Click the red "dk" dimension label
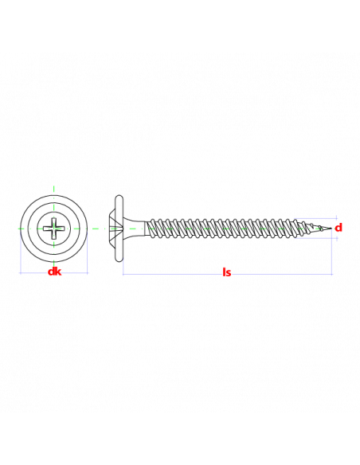point(55,272)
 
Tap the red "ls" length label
point(226,272)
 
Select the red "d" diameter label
point(338,228)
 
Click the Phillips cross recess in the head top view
point(54,229)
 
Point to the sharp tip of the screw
point(331,229)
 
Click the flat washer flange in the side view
point(119,229)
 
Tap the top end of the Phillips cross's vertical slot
point(54,218)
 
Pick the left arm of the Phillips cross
point(47,229)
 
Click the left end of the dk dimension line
point(20,273)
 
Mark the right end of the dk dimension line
point(88,273)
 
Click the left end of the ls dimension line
point(123,274)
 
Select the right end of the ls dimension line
point(332,274)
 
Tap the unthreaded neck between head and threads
point(135,229)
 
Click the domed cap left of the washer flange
point(112,229)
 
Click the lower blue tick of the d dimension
point(337,238)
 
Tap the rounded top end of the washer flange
point(119,197)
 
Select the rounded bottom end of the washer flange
point(119,260)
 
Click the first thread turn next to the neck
point(151,229)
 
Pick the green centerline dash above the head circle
point(53,190)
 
